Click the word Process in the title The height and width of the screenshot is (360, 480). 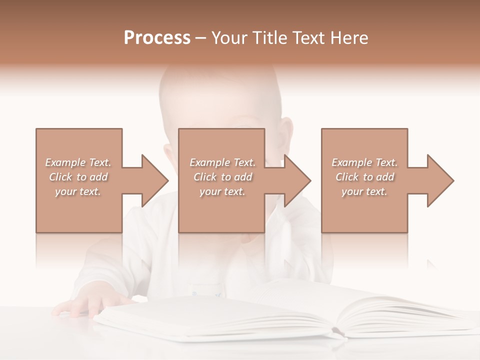[x=157, y=38]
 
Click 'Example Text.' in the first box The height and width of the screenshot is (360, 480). [x=78, y=162]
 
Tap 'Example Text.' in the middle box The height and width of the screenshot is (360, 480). [x=222, y=162]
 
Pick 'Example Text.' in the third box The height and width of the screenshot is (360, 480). [x=364, y=162]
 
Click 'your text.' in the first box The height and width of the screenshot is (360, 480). [x=78, y=191]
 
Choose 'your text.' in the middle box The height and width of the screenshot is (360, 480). [x=222, y=191]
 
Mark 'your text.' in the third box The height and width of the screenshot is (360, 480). [x=364, y=191]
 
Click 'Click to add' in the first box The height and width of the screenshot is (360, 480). [x=78, y=177]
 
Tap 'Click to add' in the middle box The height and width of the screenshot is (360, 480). [x=222, y=177]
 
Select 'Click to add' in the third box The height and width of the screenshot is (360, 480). [x=364, y=177]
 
